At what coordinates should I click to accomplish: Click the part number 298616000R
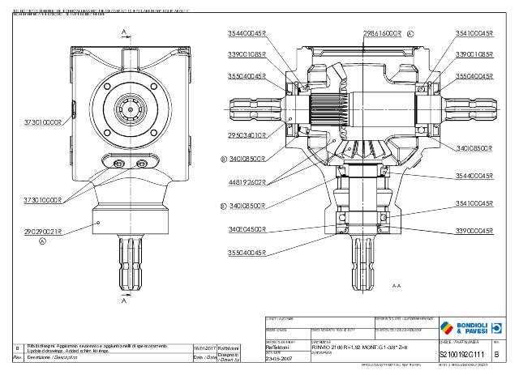tap(380, 34)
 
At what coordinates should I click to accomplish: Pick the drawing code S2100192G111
tap(461, 354)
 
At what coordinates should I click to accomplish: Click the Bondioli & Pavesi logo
tap(464, 327)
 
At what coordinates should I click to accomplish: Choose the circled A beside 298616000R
tap(410, 34)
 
